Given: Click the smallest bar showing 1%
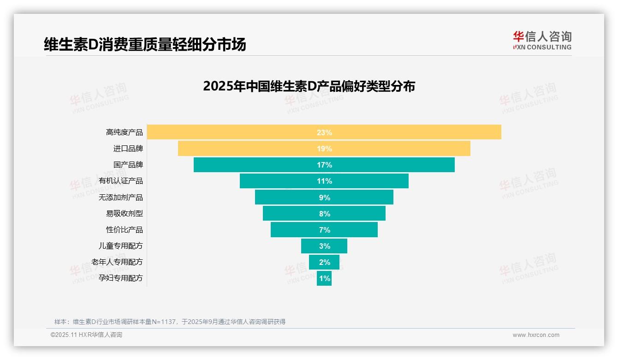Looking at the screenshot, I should click(x=324, y=278).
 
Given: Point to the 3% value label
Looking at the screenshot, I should click(x=324, y=246).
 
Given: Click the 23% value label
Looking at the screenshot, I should click(x=324, y=132).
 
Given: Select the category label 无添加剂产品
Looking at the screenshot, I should click(x=121, y=198).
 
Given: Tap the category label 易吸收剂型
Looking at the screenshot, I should click(x=125, y=214).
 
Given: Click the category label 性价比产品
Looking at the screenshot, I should click(x=125, y=230).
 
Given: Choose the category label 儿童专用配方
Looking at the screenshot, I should click(x=121, y=246).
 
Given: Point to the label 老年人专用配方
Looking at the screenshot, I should click(x=117, y=262).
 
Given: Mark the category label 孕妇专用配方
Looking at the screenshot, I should click(x=121, y=278).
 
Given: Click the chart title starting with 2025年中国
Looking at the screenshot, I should click(x=309, y=86).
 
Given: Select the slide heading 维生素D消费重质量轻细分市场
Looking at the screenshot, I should click(x=145, y=44).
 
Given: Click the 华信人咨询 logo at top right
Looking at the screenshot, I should click(x=542, y=40).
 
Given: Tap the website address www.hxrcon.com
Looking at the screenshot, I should click(x=536, y=335).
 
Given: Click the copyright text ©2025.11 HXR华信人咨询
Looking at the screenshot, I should click(x=86, y=335).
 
